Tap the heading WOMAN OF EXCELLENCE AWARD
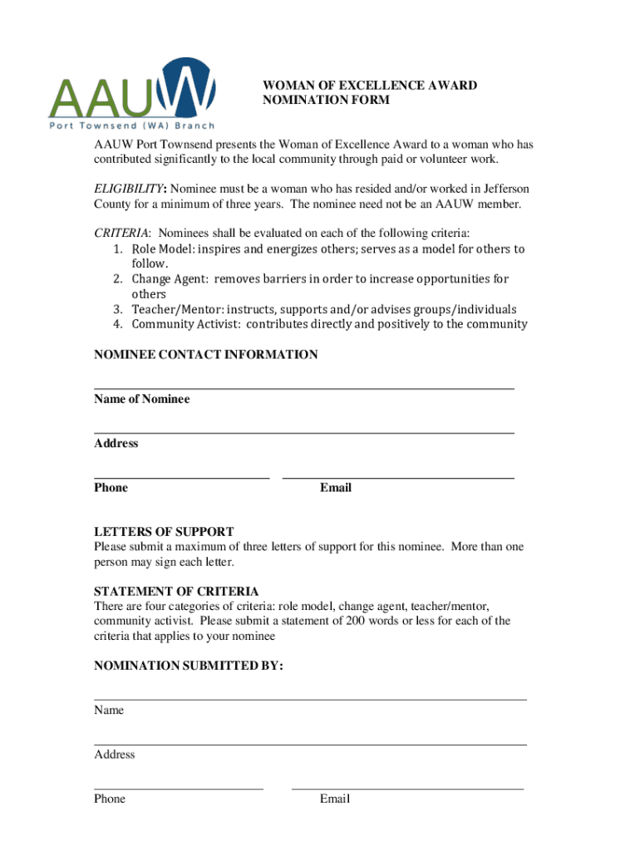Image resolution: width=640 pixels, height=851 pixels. point(370,86)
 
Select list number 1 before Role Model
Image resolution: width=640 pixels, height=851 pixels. point(119,249)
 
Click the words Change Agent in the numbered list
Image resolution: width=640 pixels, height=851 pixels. point(161,279)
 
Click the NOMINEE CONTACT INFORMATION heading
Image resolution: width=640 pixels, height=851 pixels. point(205,355)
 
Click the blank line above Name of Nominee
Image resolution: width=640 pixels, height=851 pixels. point(303,388)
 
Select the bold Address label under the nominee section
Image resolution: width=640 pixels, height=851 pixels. point(116,444)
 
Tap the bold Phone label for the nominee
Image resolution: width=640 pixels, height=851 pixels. point(111,488)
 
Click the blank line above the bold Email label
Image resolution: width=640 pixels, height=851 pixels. point(398,478)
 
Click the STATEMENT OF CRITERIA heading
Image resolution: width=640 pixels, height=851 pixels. point(176,592)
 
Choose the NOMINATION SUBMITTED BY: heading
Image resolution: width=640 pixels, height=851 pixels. point(189,666)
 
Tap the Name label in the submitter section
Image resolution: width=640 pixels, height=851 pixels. point(109,711)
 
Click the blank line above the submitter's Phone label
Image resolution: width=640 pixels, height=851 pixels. point(179,788)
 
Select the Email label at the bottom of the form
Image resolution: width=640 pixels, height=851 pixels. point(335,799)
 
